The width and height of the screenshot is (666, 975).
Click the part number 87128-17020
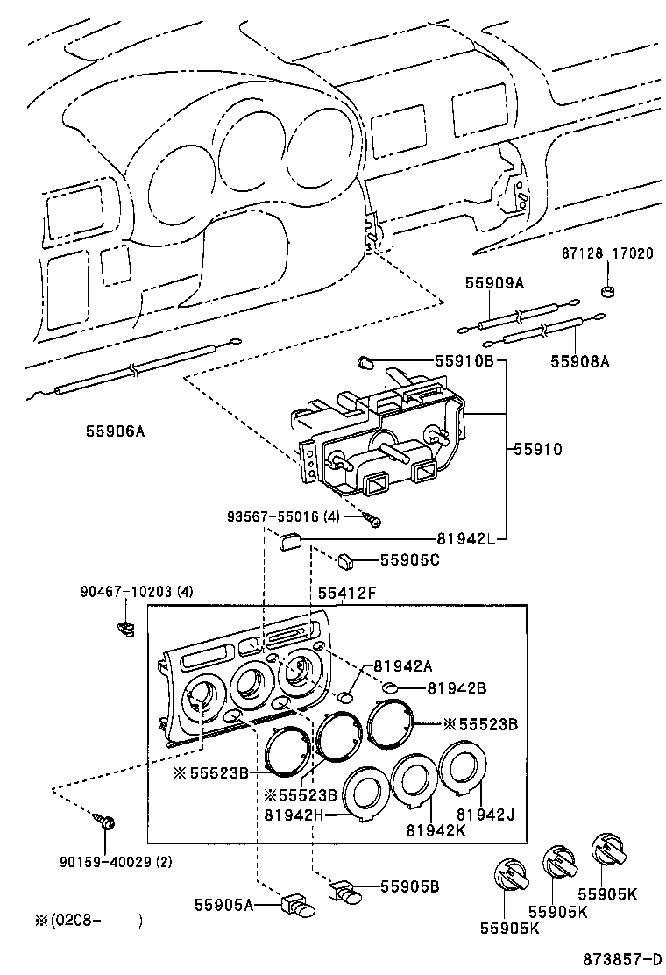click(607, 254)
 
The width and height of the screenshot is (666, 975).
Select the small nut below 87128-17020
click(607, 290)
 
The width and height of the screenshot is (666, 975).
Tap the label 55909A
click(493, 282)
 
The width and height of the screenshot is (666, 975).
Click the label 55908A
click(579, 359)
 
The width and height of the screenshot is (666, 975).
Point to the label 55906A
click(115, 431)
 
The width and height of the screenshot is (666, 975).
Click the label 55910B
click(464, 361)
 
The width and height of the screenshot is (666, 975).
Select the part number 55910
click(537, 449)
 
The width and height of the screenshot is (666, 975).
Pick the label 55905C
click(409, 559)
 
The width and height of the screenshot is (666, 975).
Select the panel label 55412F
click(347, 594)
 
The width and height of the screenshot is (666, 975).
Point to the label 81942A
click(403, 665)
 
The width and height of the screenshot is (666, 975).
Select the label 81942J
click(485, 815)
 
